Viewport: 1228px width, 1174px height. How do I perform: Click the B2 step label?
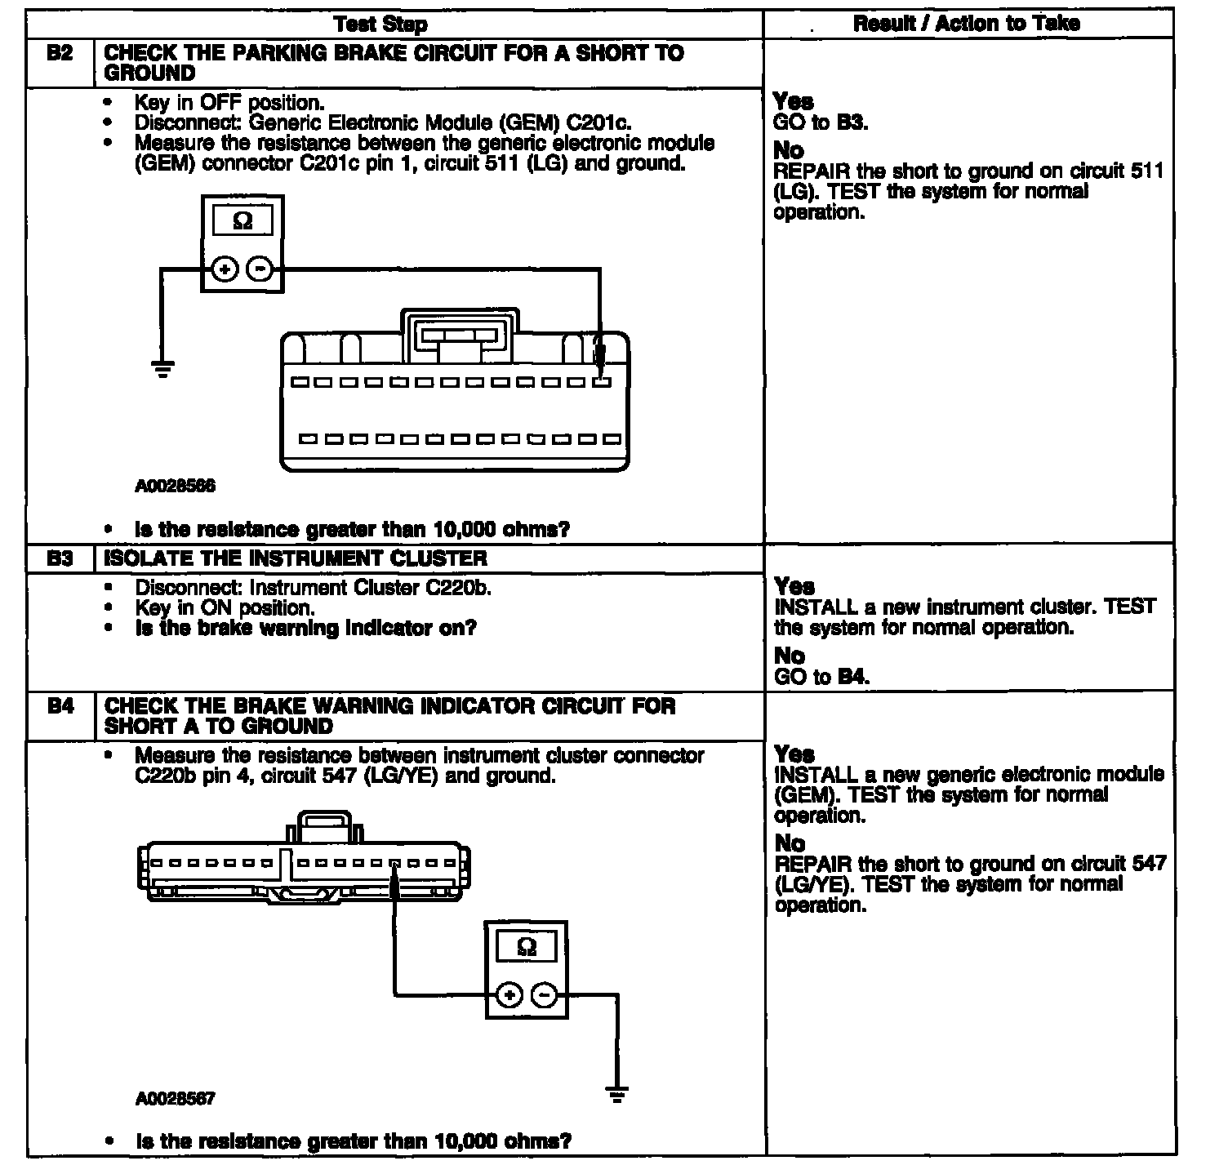(60, 53)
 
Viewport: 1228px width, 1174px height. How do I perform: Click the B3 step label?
(60, 558)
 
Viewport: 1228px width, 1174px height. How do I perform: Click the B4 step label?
(60, 705)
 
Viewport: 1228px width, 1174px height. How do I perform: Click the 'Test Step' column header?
(381, 24)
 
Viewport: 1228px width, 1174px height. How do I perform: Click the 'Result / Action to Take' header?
(967, 23)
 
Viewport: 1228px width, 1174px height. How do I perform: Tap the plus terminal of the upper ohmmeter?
(225, 269)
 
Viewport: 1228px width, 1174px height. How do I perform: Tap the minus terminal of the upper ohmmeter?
(260, 269)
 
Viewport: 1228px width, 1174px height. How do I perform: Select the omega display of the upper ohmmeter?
(243, 221)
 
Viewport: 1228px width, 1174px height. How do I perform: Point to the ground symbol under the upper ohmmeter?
(163, 369)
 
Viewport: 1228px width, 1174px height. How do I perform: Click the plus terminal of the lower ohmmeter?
(509, 994)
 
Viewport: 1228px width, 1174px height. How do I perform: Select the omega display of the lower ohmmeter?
(527, 947)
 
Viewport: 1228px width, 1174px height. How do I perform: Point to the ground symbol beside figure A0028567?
(618, 1095)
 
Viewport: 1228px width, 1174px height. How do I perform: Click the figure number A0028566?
(176, 487)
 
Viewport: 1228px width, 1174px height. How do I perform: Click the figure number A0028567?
(176, 1099)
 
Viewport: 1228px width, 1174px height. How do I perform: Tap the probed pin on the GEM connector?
(602, 381)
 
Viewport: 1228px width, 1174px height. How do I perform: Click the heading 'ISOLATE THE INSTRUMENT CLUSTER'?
(296, 558)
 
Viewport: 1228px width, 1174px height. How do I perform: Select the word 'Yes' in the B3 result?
(794, 586)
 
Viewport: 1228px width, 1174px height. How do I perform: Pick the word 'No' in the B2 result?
(788, 150)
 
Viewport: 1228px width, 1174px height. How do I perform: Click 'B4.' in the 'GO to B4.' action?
(854, 677)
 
